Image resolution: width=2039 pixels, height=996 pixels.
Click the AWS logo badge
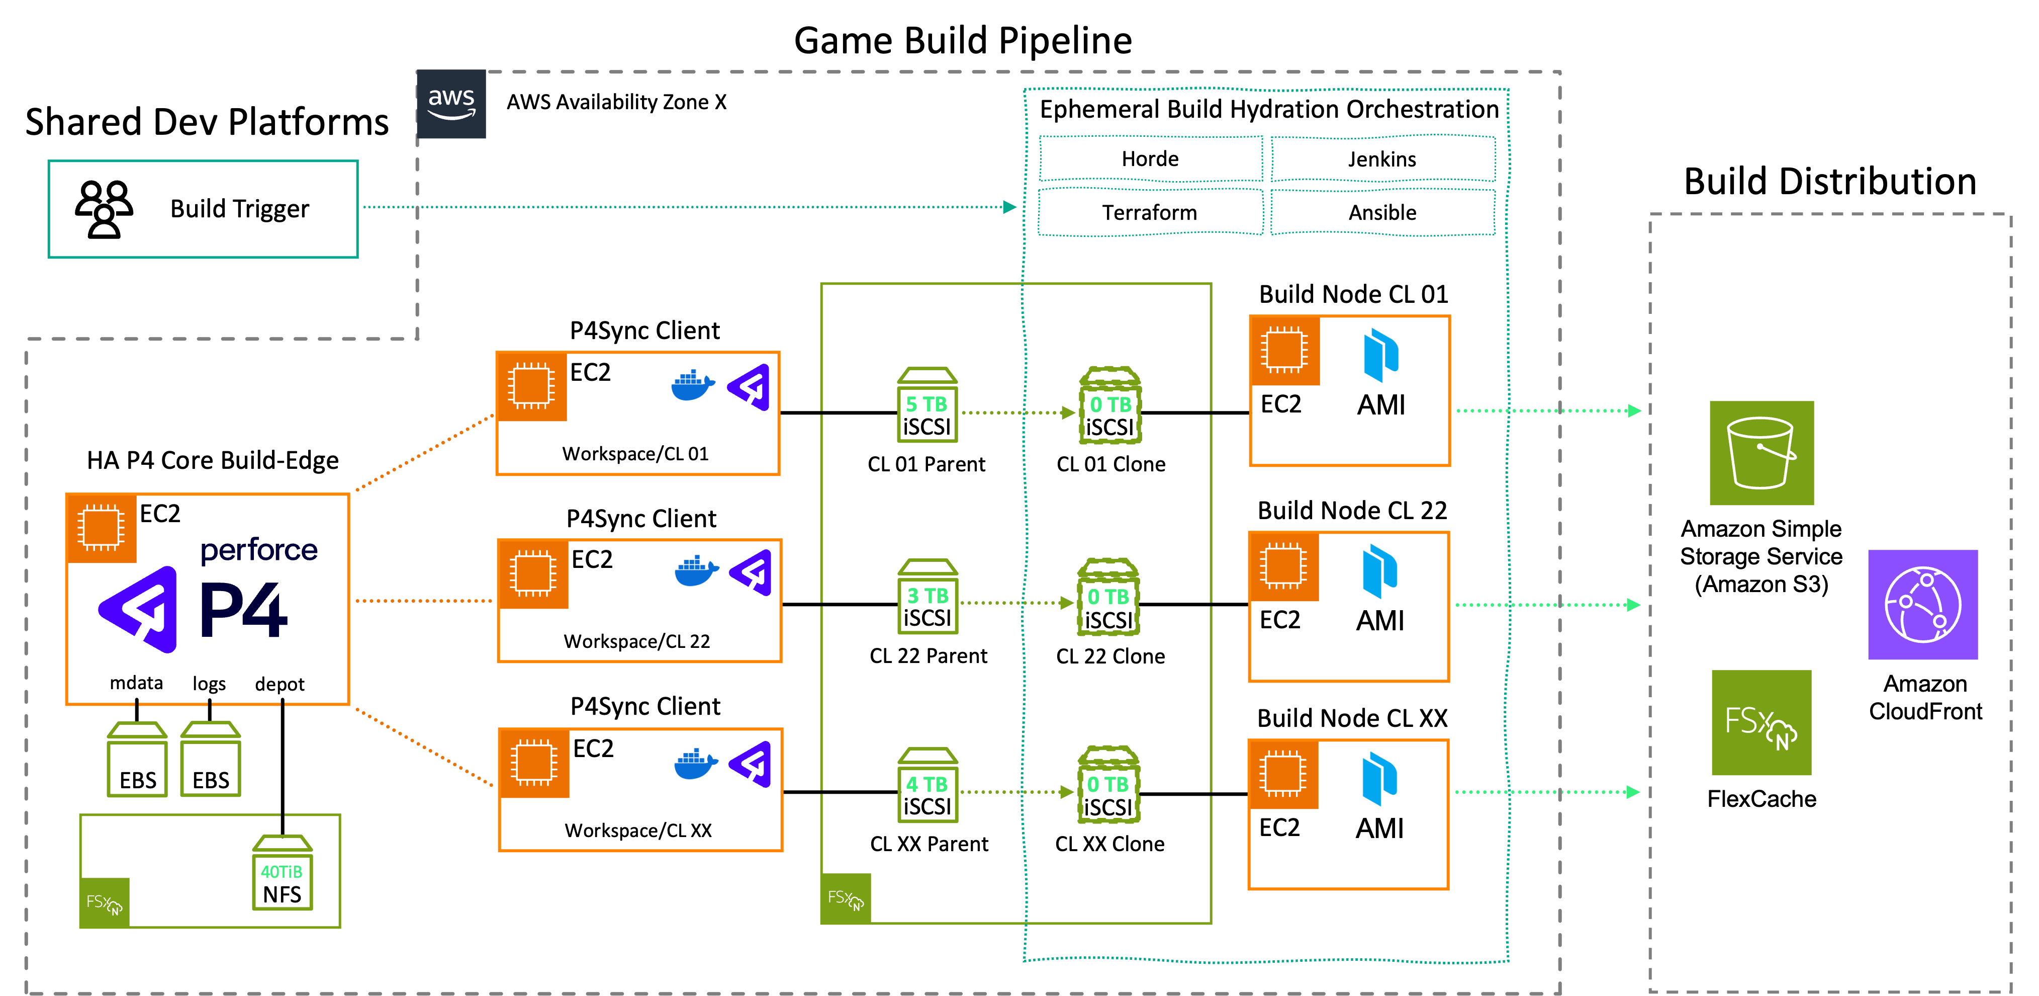(451, 104)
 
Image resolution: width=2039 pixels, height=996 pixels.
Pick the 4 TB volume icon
(928, 785)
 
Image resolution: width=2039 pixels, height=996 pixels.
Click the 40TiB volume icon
(283, 872)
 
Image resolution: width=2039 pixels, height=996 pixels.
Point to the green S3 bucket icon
(1761, 453)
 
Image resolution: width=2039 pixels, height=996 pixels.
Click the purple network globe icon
(1923, 605)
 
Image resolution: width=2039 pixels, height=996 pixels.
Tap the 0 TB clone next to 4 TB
(1108, 785)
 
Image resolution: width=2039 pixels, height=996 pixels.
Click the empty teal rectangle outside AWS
(204, 209)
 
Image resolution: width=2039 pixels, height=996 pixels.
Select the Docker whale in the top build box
(692, 386)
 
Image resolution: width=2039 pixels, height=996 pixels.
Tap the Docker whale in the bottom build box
(695, 764)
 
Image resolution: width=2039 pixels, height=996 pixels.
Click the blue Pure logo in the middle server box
(1379, 571)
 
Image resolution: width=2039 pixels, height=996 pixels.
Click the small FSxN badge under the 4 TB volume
(846, 898)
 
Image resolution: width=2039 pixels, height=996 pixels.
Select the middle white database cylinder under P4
(210, 679)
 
